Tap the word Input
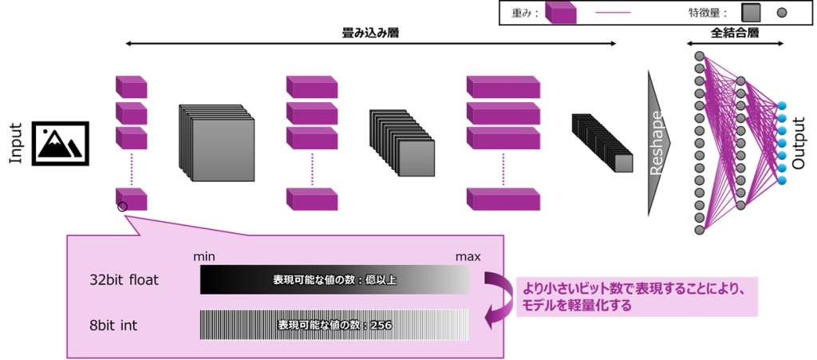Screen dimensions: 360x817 pyautogui.click(x=15, y=143)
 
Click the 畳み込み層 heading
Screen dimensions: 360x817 pyautogui.click(x=370, y=34)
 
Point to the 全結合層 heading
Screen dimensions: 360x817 pyautogui.click(x=733, y=34)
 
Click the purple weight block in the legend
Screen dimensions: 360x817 pyautogui.click(x=561, y=13)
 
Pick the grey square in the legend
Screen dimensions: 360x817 pyautogui.click(x=751, y=13)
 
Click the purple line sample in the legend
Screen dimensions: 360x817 pyautogui.click(x=612, y=13)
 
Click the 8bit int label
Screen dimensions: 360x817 pyautogui.click(x=116, y=325)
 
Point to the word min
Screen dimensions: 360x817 pyautogui.click(x=205, y=257)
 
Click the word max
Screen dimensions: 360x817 pyautogui.click(x=468, y=257)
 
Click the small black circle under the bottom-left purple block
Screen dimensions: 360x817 pyautogui.click(x=122, y=208)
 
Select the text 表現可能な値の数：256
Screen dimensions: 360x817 pyautogui.click(x=334, y=326)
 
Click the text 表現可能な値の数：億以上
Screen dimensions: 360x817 pyautogui.click(x=334, y=280)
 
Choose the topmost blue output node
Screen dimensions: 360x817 pyautogui.click(x=781, y=105)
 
